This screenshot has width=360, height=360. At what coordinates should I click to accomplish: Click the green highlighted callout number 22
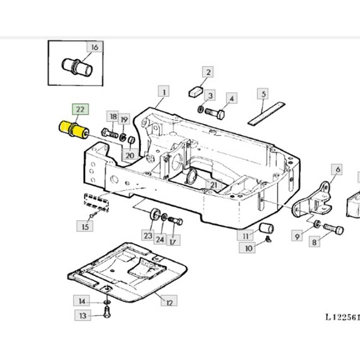click(80, 110)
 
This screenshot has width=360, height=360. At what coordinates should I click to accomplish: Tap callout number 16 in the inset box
click(95, 47)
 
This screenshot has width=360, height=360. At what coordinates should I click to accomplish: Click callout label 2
click(207, 72)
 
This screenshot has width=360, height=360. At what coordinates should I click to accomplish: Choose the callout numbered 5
click(263, 94)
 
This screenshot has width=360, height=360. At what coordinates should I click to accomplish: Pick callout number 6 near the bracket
click(338, 169)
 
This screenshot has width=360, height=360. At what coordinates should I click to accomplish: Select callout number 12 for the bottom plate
click(169, 301)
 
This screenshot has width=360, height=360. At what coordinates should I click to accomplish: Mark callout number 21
click(212, 184)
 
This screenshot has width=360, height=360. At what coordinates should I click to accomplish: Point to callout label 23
click(148, 236)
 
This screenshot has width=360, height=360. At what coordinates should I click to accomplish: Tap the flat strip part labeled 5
click(266, 113)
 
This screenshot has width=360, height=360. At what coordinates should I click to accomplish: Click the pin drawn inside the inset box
click(76, 67)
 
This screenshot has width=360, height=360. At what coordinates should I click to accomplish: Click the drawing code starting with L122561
click(341, 318)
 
